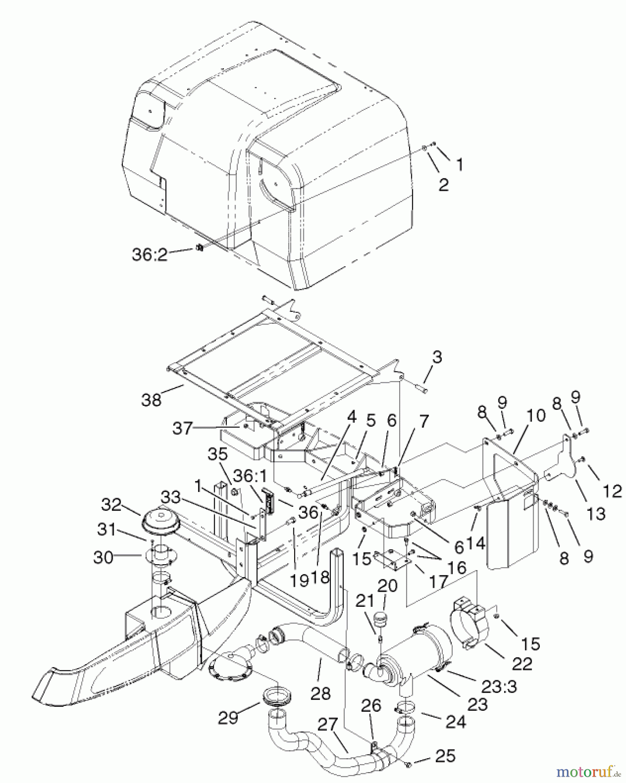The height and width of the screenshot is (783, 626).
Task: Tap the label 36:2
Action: tap(150, 254)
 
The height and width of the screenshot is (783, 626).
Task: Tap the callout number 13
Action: tap(595, 513)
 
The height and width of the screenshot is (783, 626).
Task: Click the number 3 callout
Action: tap(437, 357)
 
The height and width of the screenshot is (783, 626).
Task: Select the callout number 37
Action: tap(182, 428)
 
